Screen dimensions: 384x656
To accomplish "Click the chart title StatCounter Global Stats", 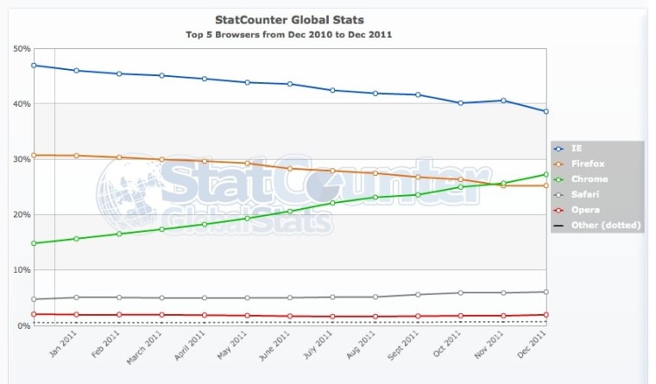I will click(x=288, y=18).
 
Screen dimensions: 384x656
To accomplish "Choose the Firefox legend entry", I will click(x=584, y=164).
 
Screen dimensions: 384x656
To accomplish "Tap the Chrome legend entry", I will click(x=584, y=179).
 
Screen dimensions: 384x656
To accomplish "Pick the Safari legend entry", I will click(x=583, y=194).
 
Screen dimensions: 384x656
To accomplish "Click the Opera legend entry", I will click(x=583, y=210).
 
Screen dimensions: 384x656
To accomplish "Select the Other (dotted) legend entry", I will click(x=596, y=225).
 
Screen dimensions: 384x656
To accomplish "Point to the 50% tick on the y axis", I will click(x=21, y=48).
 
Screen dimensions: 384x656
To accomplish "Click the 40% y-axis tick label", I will click(x=21, y=104).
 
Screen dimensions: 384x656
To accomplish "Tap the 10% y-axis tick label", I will click(x=21, y=270).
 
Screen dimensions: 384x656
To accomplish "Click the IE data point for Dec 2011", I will click(x=546, y=111).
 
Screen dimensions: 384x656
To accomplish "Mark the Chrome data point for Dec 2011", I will click(x=546, y=174).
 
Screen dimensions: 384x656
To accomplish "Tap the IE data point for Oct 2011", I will click(x=461, y=103).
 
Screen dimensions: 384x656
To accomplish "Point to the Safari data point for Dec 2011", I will click(x=546, y=292).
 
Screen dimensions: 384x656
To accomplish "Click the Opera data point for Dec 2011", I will click(x=546, y=315).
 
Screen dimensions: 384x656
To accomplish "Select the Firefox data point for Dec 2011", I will click(x=546, y=186).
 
